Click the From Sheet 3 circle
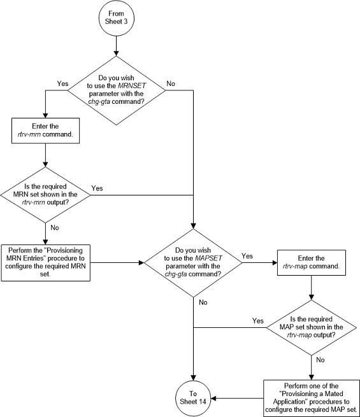click(116, 17)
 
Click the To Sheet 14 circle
click(193, 399)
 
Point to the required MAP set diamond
click(310, 328)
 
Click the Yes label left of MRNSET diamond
click(63, 83)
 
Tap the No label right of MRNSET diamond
click(171, 83)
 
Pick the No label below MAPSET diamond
click(203, 302)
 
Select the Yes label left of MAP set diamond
click(258, 321)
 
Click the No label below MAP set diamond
click(320, 360)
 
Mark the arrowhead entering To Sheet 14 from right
click(212, 399)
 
